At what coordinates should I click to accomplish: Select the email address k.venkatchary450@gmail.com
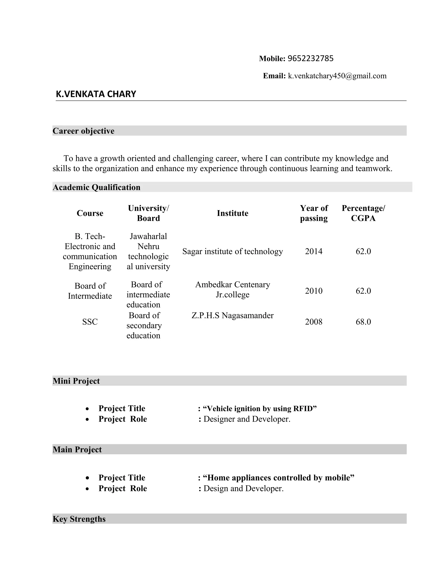click(x=337, y=76)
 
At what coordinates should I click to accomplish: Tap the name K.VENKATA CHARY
click(x=96, y=94)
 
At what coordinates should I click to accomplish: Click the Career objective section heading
click(x=83, y=131)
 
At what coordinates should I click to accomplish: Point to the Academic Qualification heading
click(x=96, y=187)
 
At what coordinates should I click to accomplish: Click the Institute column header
click(x=233, y=213)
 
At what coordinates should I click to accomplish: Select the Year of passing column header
click(x=314, y=213)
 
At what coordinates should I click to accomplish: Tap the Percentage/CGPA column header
click(x=363, y=213)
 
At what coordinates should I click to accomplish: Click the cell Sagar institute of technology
click(x=233, y=251)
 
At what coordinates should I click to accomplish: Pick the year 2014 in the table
click(x=314, y=251)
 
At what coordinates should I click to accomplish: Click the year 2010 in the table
click(x=314, y=291)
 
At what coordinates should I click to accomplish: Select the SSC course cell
click(x=90, y=322)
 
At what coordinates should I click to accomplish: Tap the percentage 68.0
click(x=363, y=322)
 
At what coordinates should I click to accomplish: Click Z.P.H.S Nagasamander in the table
click(x=233, y=315)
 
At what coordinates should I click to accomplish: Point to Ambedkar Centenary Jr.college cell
click(x=233, y=290)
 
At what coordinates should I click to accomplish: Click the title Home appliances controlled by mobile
click(x=278, y=478)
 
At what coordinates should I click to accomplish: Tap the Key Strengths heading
click(x=79, y=519)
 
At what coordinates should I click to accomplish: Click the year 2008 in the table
click(x=314, y=322)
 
